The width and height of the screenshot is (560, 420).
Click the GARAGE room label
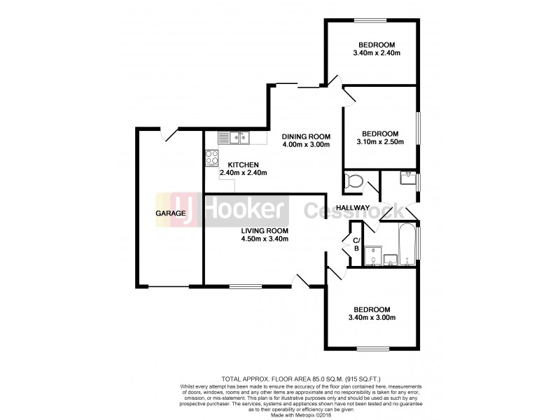pos(171,213)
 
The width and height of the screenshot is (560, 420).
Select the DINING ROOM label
pos(305,136)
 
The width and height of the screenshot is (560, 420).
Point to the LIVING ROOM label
pos(265,230)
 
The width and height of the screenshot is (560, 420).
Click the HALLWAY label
pos(352,208)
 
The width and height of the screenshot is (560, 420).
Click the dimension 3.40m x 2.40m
pos(376,52)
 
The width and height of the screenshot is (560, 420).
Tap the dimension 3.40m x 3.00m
pos(371,317)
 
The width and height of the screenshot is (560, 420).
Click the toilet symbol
pos(354,183)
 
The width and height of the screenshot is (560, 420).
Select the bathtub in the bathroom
pos(406,245)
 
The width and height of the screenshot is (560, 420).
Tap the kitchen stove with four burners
pos(212,157)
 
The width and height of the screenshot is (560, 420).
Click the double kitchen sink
pos(235,138)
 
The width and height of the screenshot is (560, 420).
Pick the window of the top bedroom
pos(370,19)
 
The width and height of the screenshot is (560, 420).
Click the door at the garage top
pos(168,132)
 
